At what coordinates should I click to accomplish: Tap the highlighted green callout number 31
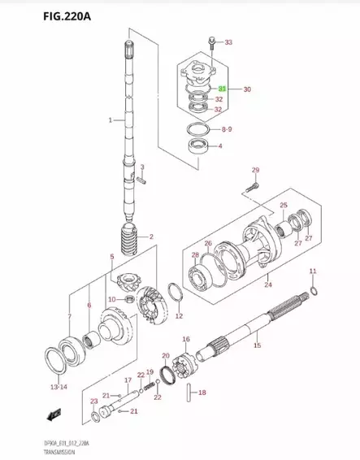(223, 88)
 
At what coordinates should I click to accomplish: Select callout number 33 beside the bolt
(228, 42)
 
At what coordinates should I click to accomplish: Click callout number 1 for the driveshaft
(111, 120)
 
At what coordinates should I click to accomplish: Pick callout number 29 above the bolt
(254, 170)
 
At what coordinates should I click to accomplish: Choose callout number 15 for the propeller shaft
(257, 346)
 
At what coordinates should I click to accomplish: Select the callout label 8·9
(226, 129)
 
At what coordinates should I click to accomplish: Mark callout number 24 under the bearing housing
(268, 285)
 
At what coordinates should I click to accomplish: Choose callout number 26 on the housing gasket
(208, 243)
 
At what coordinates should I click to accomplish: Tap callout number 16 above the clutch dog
(185, 339)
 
